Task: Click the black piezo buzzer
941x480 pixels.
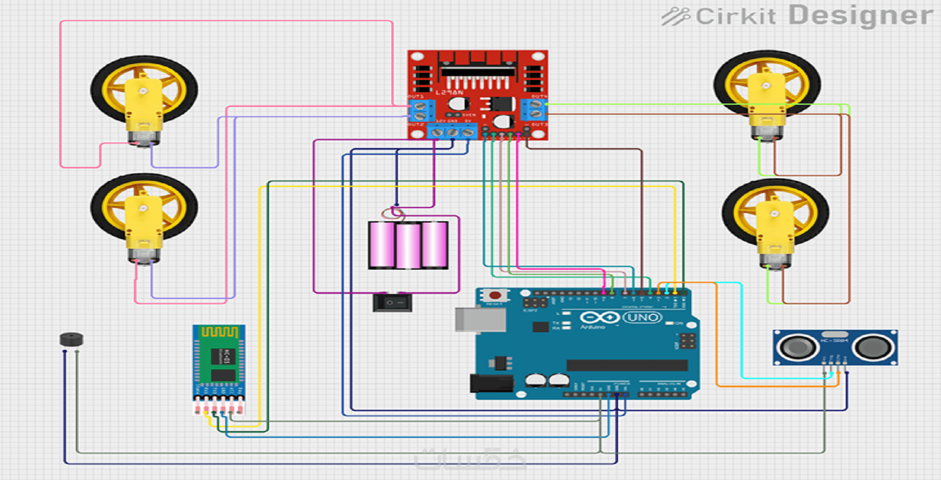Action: tap(71, 339)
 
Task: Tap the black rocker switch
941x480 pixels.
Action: tap(392, 302)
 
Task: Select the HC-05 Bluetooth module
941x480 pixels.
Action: tap(219, 364)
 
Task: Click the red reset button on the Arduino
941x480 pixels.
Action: tap(494, 295)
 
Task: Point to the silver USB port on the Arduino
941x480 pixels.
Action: tap(480, 319)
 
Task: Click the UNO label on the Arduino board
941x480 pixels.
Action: tap(642, 317)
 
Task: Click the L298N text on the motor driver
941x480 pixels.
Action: tap(449, 93)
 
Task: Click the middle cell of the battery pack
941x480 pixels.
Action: tap(408, 245)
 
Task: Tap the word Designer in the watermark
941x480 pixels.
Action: tap(860, 15)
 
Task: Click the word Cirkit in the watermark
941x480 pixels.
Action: tap(735, 17)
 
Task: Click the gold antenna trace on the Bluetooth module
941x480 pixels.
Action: tap(219, 332)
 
